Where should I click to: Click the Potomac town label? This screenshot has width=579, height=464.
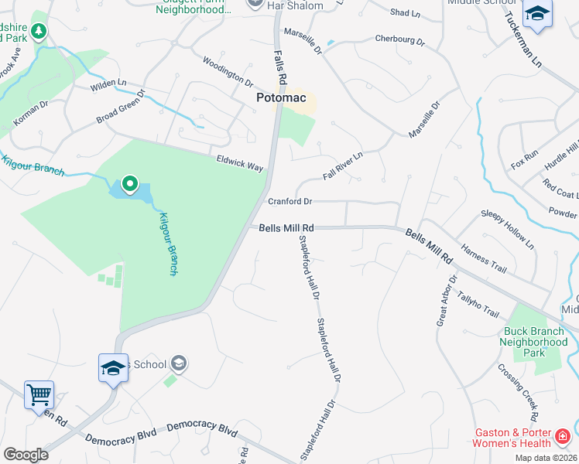tap(282, 98)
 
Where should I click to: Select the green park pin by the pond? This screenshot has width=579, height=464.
tap(130, 185)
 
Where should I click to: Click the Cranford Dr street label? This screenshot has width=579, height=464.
tap(289, 202)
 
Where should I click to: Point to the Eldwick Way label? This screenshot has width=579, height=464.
tap(240, 163)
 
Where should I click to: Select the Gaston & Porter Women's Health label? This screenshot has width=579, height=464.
tap(512, 438)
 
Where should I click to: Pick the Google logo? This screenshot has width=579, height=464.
tap(26, 455)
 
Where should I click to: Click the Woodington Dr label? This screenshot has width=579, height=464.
tap(228, 70)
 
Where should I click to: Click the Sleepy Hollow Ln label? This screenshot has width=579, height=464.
tap(508, 228)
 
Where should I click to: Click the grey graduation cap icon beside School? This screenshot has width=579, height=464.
tap(178, 363)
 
